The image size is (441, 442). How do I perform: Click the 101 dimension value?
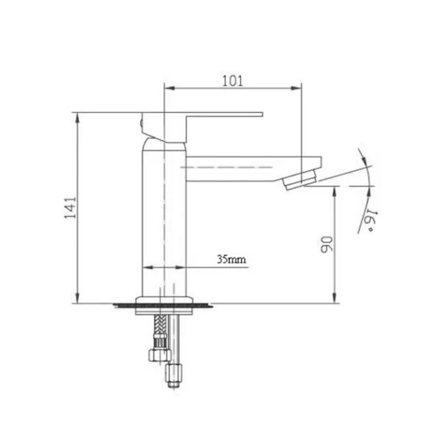click(232, 81)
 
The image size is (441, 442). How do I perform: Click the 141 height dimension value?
click(71, 207)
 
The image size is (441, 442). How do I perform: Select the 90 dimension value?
click(327, 244)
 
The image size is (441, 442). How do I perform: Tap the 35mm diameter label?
click(232, 259)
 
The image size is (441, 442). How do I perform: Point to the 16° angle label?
click(370, 221)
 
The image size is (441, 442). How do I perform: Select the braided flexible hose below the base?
click(160, 329)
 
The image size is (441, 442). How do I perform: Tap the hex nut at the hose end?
click(159, 355)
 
